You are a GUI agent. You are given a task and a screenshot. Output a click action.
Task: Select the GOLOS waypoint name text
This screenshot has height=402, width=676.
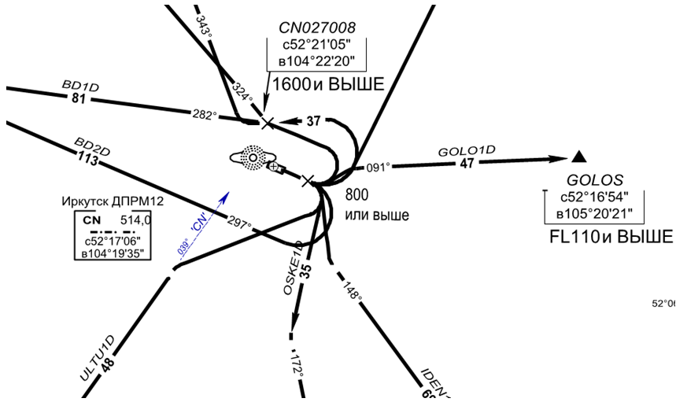click(x=595, y=179)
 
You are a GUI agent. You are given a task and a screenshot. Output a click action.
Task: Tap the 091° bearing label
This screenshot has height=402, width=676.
click(x=379, y=167)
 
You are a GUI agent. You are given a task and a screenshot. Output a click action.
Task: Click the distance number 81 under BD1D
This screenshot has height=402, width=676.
click(x=78, y=99)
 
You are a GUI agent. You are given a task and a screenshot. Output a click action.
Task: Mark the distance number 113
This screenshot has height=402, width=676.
click(x=87, y=160)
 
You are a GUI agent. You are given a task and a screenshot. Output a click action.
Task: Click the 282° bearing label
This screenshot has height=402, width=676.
click(x=204, y=115)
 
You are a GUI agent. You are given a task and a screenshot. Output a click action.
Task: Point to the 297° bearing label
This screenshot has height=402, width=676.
click(x=239, y=223)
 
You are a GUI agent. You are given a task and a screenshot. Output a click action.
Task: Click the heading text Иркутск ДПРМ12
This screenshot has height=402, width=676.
click(x=113, y=202)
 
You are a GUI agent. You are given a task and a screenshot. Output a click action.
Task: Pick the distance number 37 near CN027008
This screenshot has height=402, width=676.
click(x=314, y=121)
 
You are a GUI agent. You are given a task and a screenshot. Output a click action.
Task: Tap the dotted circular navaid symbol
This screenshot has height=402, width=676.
click(x=253, y=157)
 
